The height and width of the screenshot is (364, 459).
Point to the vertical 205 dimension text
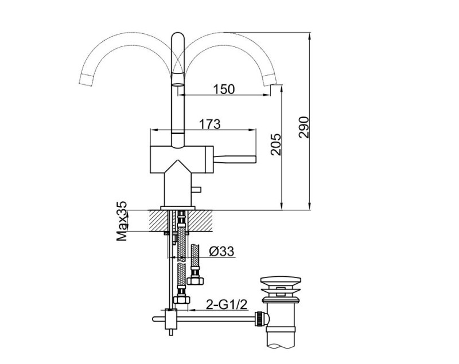click(275, 146)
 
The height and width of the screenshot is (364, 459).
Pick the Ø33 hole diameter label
click(221, 251)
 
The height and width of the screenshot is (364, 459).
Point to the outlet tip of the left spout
click(86, 80)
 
